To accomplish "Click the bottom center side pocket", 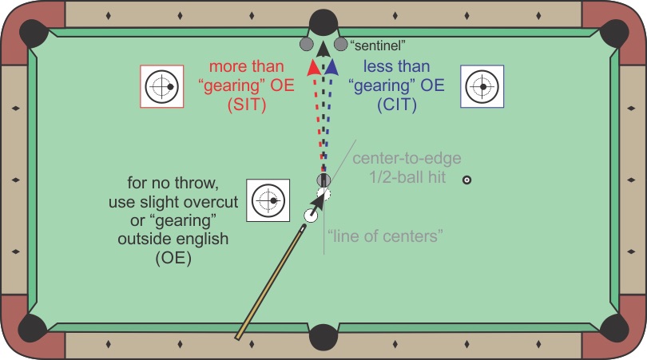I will click(323, 338).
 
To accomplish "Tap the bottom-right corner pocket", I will click(614, 327).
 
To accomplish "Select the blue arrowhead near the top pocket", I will click(331, 67).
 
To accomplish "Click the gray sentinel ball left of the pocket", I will click(305, 43).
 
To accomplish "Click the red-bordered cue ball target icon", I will click(162, 85).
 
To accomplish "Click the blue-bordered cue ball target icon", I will click(482, 85).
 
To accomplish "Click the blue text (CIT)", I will click(395, 105).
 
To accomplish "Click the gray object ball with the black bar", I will click(323, 180).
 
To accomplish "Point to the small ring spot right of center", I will click(467, 180).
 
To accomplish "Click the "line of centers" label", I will click(386, 235).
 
